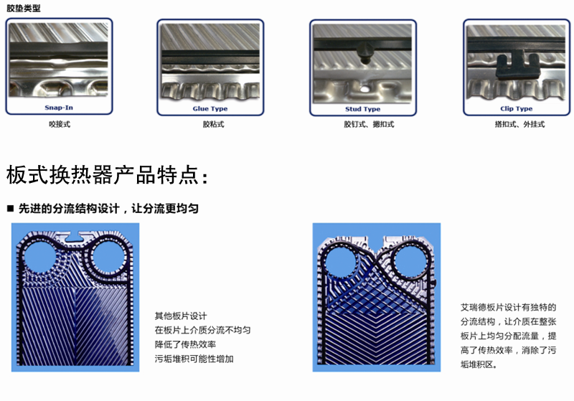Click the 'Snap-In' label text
click(59, 108)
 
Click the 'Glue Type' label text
click(210, 108)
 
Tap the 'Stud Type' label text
click(362, 109)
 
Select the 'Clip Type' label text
click(516, 109)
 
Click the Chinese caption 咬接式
click(60, 124)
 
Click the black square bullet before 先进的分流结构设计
click(10, 209)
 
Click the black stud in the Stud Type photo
click(365, 51)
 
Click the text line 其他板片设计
click(181, 316)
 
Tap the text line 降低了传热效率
click(185, 344)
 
